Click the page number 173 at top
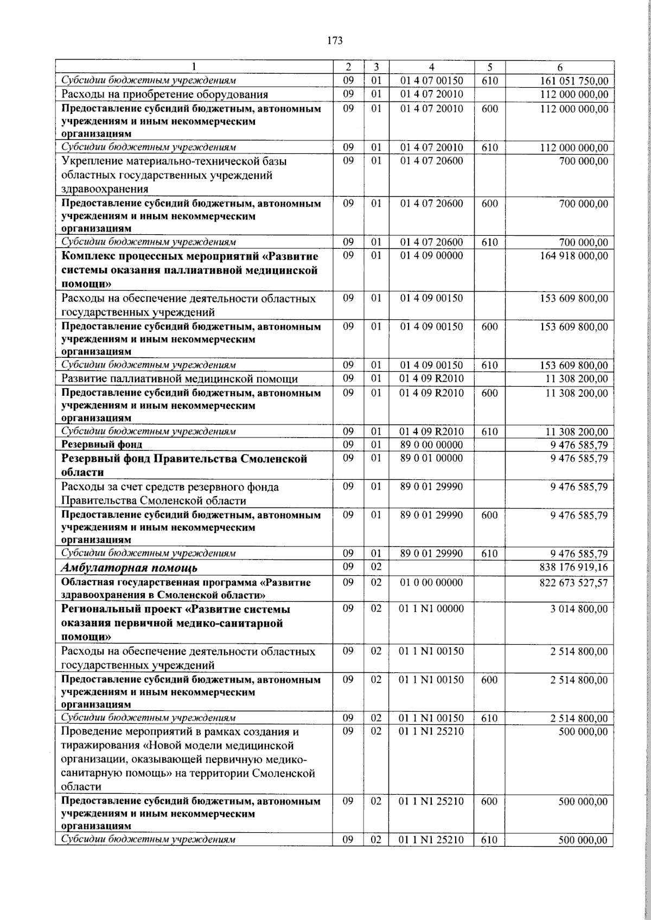[335, 41]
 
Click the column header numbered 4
[431, 68]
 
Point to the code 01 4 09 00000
[431, 255]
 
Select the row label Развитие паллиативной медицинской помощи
[179, 378]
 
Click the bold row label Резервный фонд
[102, 445]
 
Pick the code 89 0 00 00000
[431, 445]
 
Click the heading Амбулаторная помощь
[130, 568]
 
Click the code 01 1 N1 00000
[431, 609]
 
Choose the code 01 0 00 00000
[431, 582]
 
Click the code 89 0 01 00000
[431, 458]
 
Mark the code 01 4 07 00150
[431, 81]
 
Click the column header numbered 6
[560, 68]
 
